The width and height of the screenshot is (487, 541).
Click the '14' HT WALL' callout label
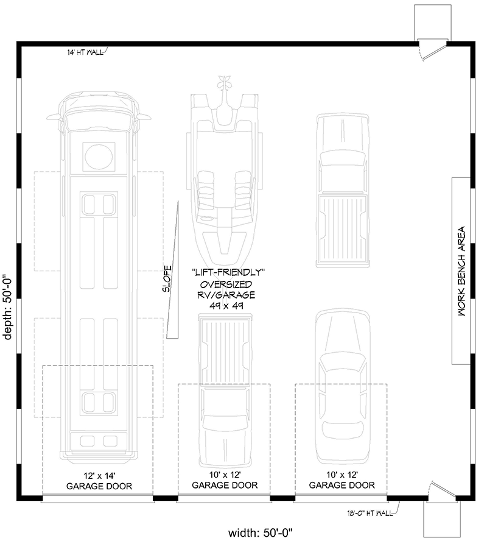[85, 52]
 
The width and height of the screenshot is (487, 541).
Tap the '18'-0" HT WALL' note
[370, 514]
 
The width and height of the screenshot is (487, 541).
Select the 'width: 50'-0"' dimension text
[262, 532]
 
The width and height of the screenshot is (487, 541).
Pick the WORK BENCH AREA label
[461, 271]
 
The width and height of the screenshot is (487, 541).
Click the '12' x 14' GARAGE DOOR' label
[99, 481]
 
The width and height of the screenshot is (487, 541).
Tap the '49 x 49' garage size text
[226, 305]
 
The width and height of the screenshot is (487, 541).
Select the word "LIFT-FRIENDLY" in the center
[228, 272]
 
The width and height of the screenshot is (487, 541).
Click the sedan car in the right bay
[343, 386]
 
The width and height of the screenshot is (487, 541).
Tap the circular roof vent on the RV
[99, 157]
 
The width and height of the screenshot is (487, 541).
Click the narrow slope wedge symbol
[173, 269]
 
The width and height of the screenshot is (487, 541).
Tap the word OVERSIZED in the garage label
[226, 285]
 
